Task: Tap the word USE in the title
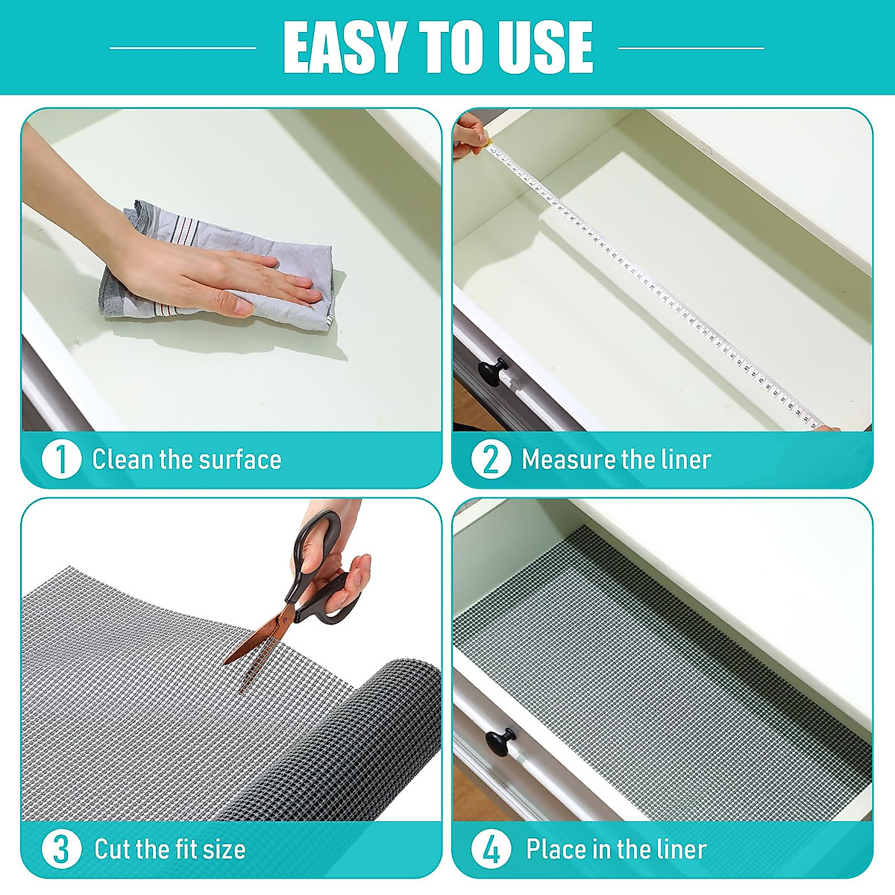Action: [539, 47]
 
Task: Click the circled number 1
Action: [60, 459]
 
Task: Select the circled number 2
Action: [491, 459]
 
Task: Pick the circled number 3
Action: [60, 849]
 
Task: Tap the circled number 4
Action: [491, 849]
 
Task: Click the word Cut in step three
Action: [113, 849]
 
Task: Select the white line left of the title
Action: [183, 48]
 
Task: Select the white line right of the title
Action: [691, 48]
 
